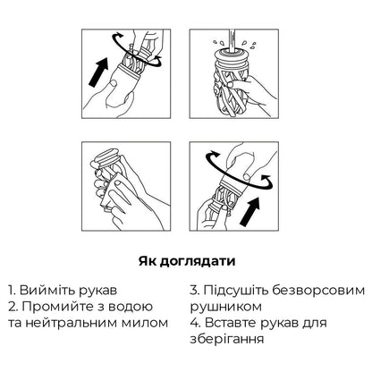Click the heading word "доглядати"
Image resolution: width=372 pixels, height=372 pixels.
197,262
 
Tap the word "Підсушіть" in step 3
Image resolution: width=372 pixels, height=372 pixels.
237,291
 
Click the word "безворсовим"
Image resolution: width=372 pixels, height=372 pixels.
318,291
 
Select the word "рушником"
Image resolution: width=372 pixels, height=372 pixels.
226,307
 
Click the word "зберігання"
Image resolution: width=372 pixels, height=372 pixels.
227,340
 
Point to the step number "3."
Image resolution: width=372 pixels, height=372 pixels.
195,290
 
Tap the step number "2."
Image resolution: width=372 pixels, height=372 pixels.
13,307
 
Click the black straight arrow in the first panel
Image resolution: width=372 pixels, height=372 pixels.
98,72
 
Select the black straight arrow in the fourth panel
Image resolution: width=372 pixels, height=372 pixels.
250,212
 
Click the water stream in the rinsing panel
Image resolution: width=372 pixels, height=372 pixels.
232,39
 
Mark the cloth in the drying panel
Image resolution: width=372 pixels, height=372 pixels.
114,190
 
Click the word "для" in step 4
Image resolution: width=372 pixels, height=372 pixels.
315,324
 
